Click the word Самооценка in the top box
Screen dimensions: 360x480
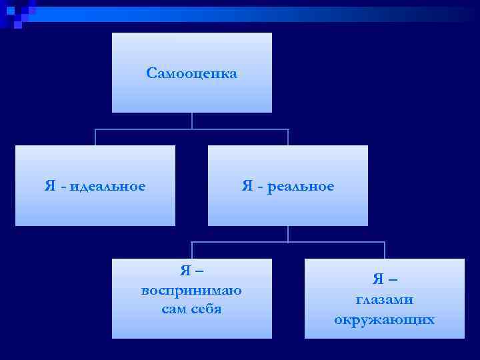click(191, 73)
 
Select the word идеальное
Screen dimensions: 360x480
click(107, 186)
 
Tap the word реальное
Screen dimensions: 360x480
click(301, 186)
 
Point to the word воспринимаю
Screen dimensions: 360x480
click(191, 291)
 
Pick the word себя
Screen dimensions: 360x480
click(206, 309)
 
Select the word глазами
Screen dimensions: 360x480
click(385, 300)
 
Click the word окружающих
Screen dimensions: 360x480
click(385, 319)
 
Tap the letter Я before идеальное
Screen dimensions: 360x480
click(50, 186)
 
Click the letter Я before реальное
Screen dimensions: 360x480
click(247, 186)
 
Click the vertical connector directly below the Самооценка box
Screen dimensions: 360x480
click(192, 121)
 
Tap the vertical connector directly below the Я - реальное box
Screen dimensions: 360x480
click(288, 233)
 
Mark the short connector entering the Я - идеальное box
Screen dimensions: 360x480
click(95, 137)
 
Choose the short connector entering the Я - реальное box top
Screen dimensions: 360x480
click(288, 137)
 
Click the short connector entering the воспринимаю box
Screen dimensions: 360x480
click(192, 250)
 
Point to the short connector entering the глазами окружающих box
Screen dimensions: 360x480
click(385, 250)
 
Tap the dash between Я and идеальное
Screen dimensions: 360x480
click(63, 187)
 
